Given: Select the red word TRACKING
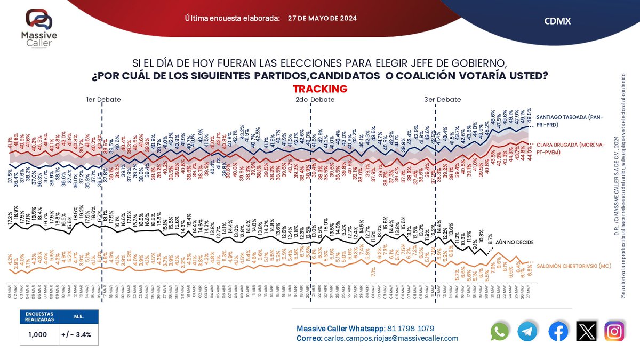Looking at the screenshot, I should (320, 89).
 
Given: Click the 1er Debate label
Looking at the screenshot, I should (103, 100).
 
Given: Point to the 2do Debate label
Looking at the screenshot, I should (315, 100).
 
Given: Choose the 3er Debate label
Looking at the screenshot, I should (442, 100).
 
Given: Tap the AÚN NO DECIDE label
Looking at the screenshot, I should (515, 242).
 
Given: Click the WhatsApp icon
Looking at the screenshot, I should (500, 332).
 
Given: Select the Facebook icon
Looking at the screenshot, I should (558, 332).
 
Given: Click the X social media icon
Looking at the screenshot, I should (587, 332).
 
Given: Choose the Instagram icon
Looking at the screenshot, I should (614, 332).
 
